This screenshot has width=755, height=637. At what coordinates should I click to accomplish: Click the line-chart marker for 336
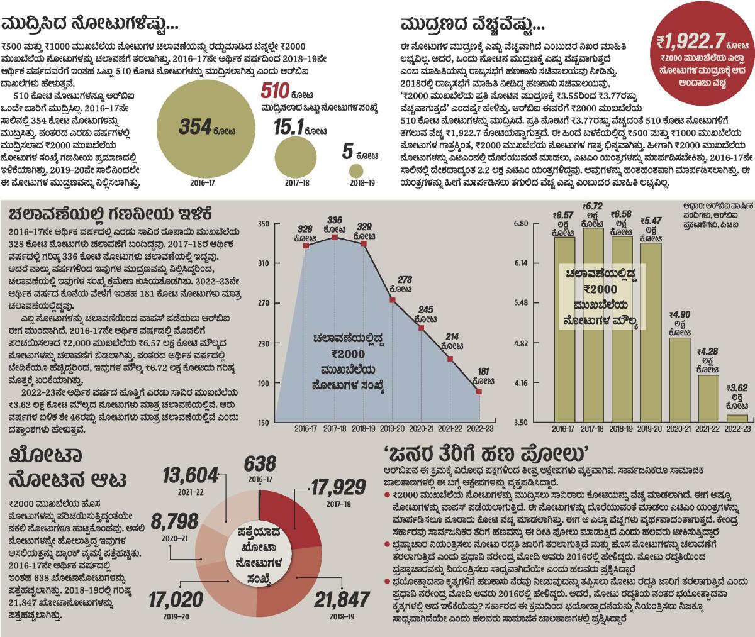(335, 237)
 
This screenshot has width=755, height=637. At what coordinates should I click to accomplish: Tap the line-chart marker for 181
(479, 391)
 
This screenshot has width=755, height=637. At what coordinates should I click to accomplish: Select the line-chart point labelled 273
(393, 300)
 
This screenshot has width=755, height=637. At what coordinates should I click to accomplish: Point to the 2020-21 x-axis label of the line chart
(421, 428)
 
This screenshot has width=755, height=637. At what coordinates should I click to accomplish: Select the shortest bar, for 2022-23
(737, 418)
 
